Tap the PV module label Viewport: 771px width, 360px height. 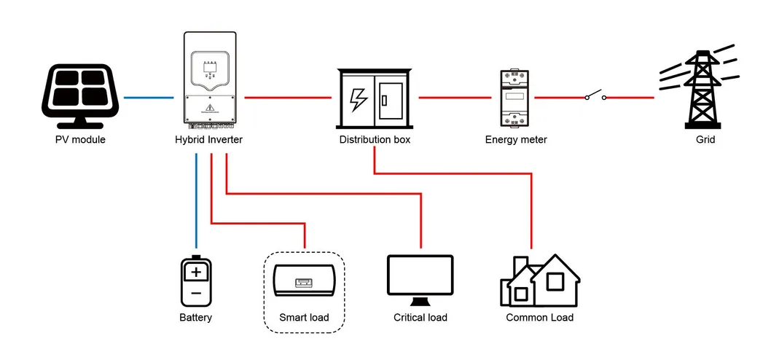tap(80, 139)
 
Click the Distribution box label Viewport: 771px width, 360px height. tap(375, 139)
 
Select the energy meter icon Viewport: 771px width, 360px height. tap(516, 98)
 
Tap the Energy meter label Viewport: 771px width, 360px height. tap(516, 139)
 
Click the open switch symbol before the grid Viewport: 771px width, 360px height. tap(594, 95)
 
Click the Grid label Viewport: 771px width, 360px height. tap(705, 139)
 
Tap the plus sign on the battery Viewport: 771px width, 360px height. tap(195, 273)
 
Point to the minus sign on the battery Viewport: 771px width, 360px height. tap(195, 294)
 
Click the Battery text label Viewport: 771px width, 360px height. tap(195, 318)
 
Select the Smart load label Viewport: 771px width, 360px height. tap(304, 318)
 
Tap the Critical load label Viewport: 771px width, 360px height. tap(420, 318)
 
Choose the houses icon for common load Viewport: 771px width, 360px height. tap(539, 280)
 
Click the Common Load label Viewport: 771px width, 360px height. tap(539, 318)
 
